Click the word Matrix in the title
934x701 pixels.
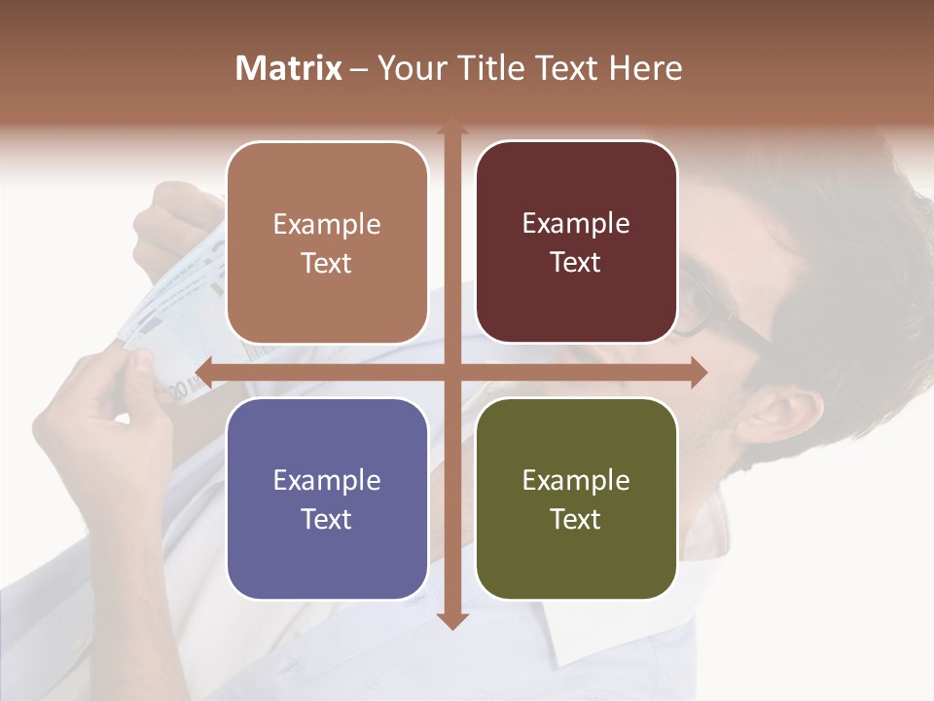(289, 68)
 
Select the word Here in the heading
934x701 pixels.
(645, 68)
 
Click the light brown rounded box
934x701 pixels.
(327, 242)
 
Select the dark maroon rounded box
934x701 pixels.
(576, 242)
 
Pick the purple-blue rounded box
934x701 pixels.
(327, 498)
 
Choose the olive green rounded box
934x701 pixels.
(576, 498)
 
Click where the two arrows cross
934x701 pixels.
(451, 372)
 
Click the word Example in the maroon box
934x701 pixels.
(576, 223)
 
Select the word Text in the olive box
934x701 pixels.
(576, 519)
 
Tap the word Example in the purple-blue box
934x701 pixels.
(327, 480)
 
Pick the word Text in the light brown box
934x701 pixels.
(327, 263)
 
